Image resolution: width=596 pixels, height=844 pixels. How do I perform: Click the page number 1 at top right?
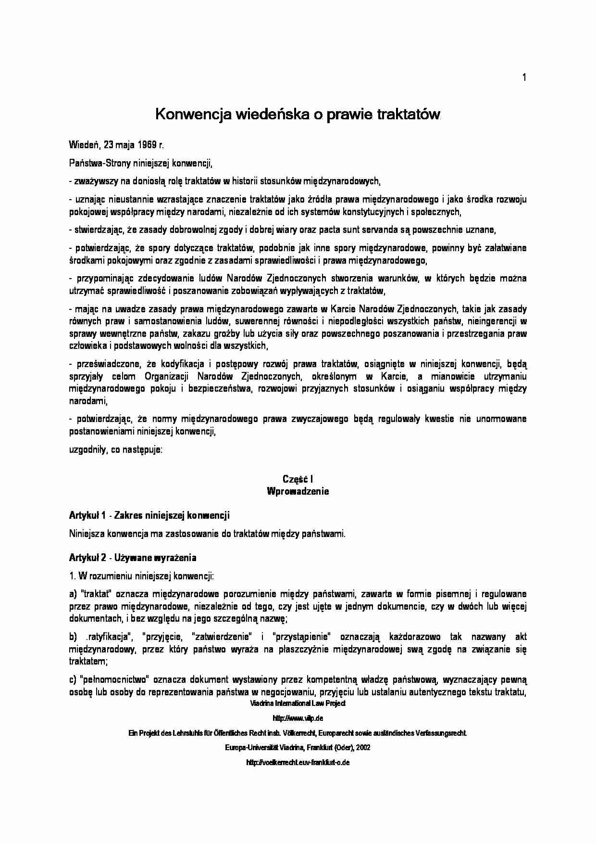[524, 77]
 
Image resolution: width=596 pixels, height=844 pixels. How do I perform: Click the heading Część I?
[298, 479]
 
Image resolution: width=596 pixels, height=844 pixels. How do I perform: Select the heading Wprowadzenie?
[298, 491]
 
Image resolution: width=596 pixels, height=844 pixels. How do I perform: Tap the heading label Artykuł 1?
[87, 515]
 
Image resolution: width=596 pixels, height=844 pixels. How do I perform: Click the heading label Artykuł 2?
[87, 558]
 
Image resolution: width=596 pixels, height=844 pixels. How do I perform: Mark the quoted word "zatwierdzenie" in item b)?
[222, 637]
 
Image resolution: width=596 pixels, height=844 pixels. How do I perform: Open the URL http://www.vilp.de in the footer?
[298, 718]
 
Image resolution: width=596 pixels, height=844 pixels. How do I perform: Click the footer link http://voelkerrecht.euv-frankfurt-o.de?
[298, 763]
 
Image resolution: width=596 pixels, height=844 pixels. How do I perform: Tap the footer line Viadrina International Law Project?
[298, 703]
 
